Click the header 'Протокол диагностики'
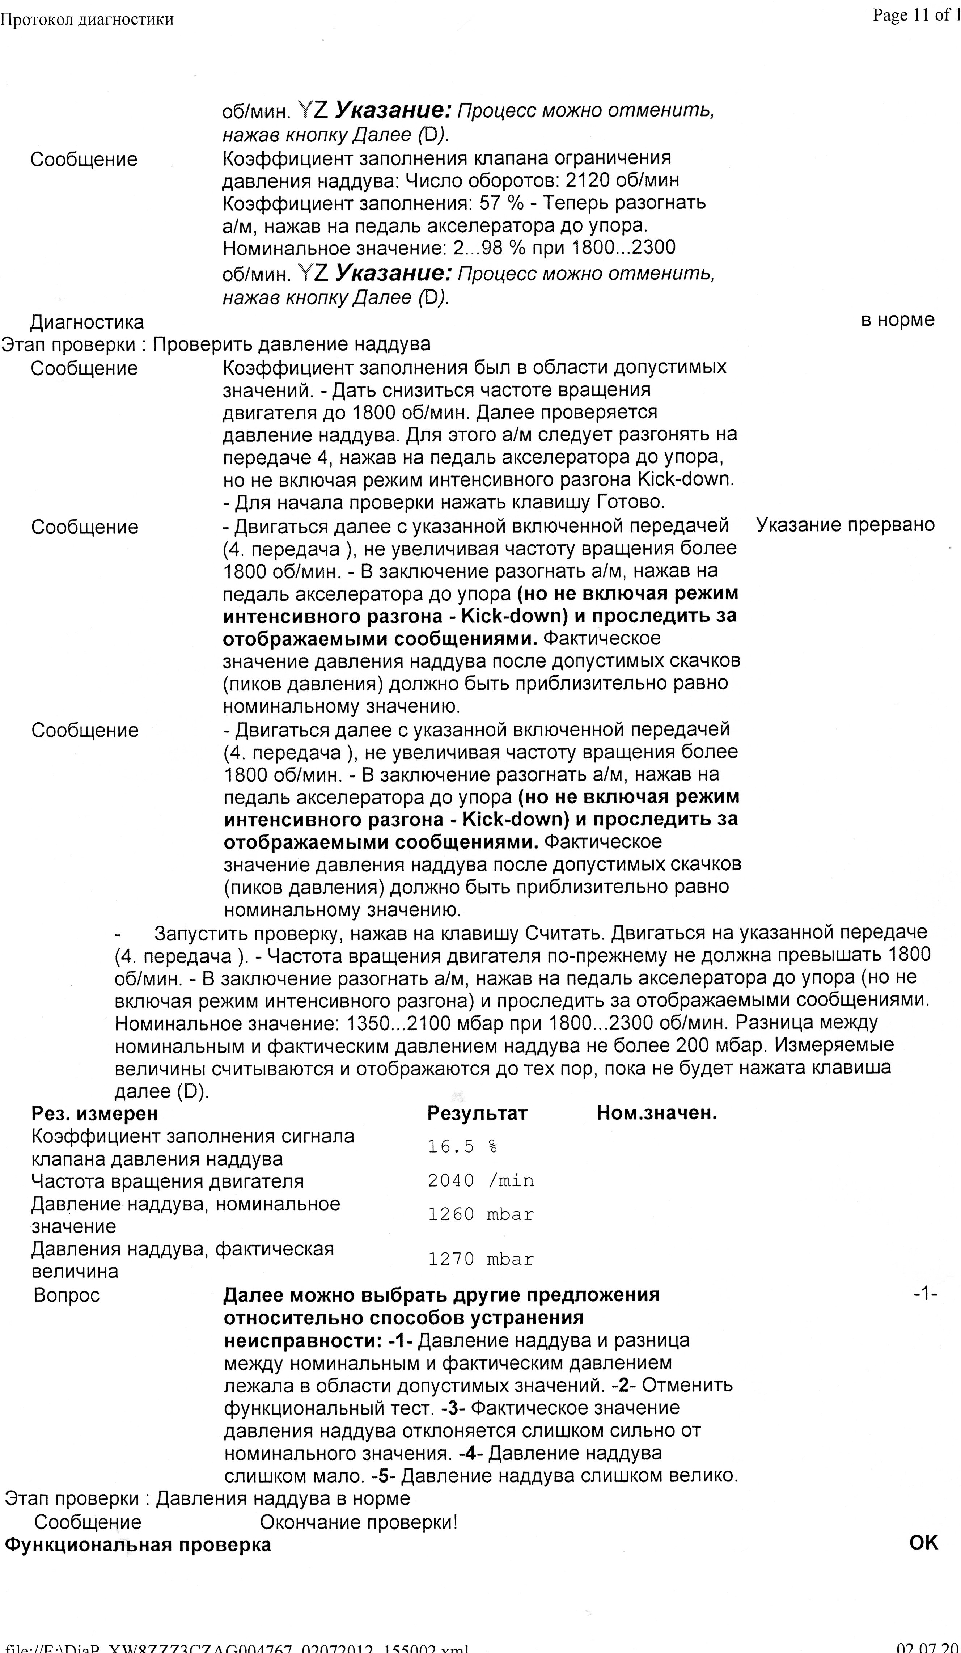[86, 20]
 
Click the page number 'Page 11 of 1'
[915, 16]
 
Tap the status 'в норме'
[897, 320]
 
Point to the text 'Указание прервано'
[845, 525]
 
